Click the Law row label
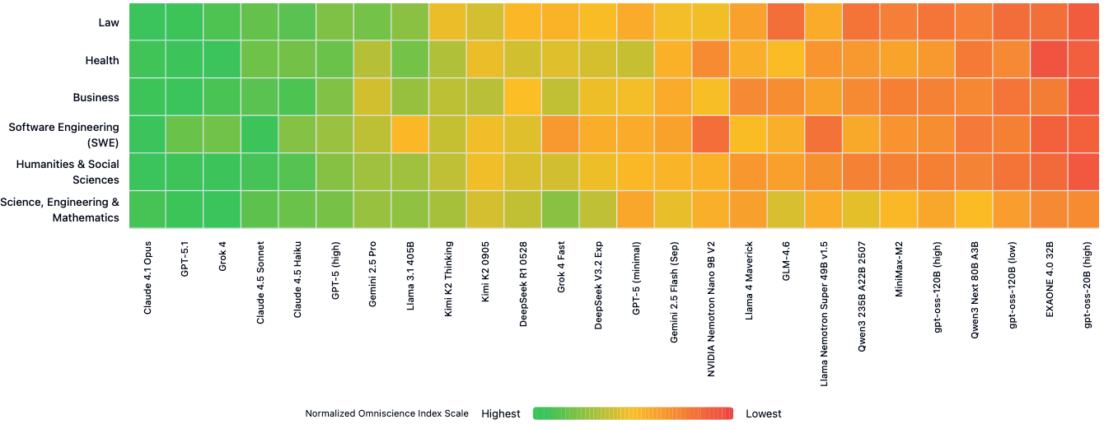pos(108,23)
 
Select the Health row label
pos(102,60)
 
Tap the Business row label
pos(96,97)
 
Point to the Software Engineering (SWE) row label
pos(63,134)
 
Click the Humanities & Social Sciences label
pos(68,172)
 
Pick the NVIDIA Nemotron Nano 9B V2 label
pos(711,309)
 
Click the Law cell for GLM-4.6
pos(786,21)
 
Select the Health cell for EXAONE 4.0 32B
pos(1049,59)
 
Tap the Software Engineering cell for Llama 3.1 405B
pos(410,134)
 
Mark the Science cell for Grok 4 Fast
pos(561,209)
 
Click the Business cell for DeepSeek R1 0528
pos(523,97)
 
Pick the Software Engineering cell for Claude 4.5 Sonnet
pos(260,134)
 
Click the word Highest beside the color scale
pos(501,413)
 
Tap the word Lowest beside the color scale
pos(764,413)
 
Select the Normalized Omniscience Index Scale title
pos(386,413)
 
